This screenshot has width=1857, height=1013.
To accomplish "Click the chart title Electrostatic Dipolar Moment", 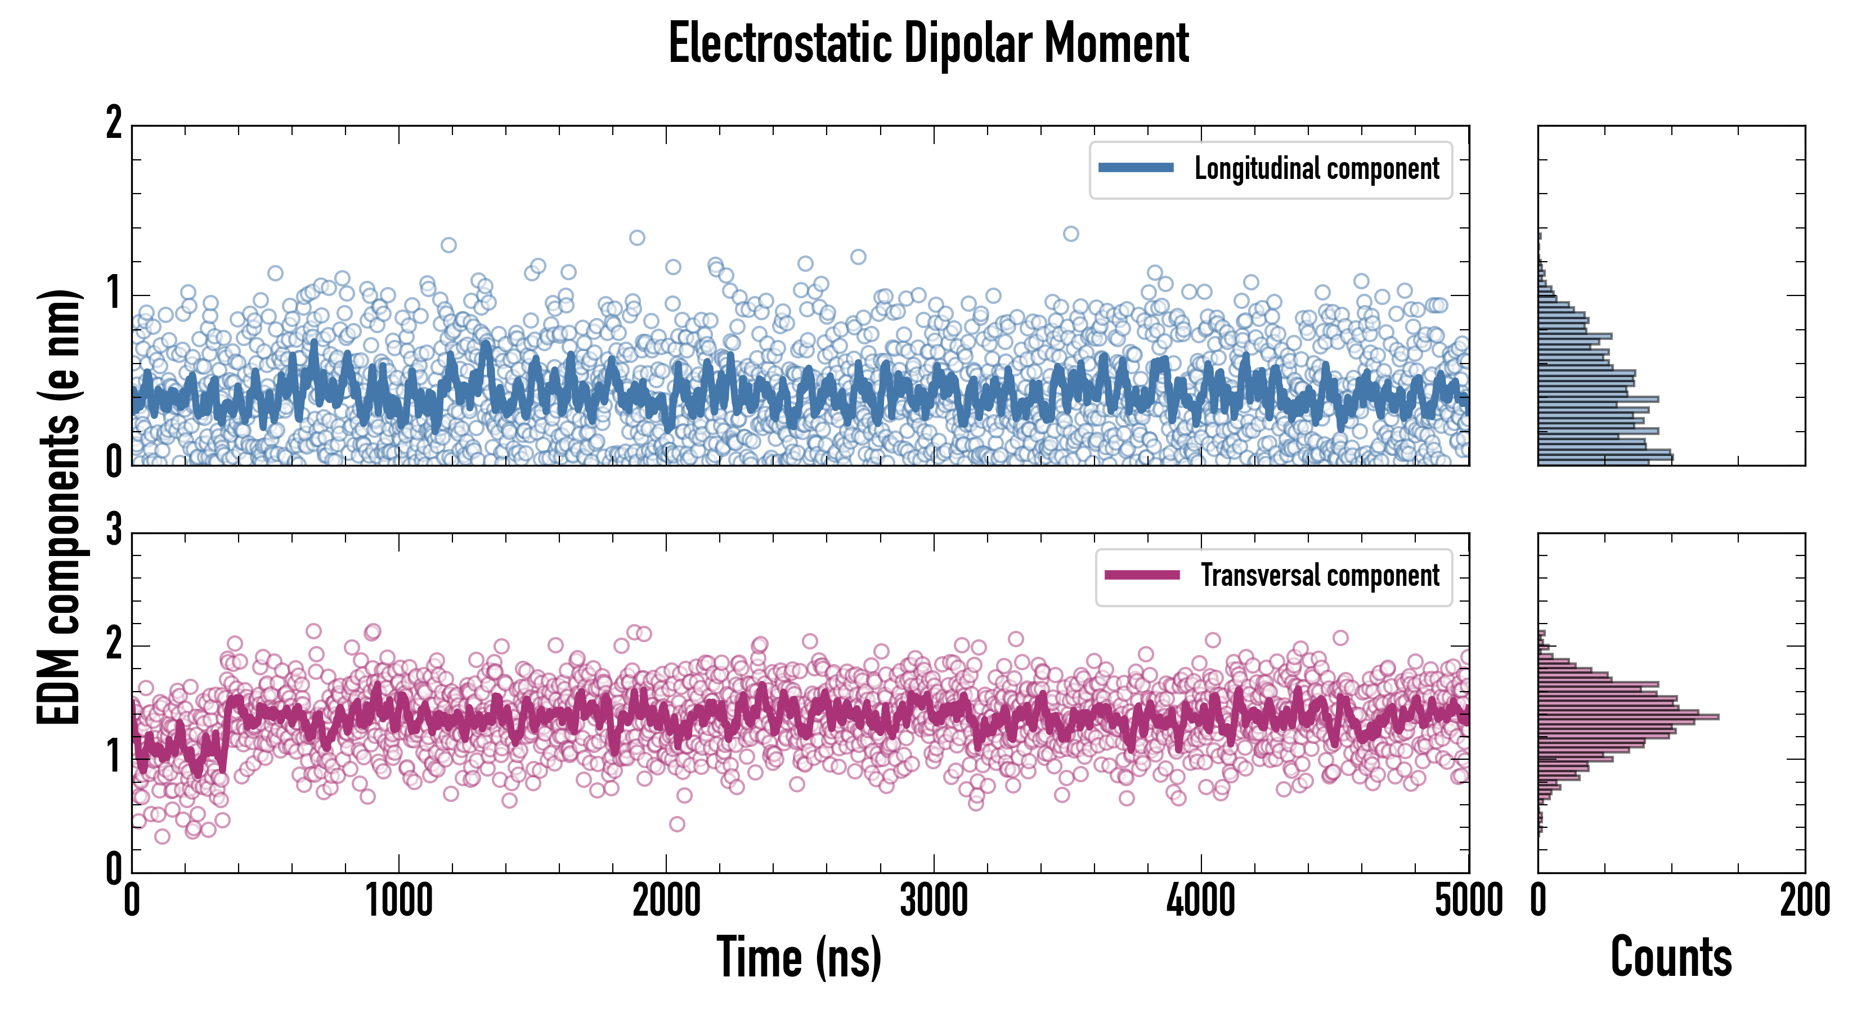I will [928, 43].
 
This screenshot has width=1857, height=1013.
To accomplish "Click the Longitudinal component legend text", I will [1316, 169].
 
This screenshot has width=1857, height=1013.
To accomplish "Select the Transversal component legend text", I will [1319, 575].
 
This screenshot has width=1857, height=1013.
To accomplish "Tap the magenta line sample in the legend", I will [1142, 575].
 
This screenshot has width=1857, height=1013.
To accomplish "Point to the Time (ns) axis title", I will [799, 957].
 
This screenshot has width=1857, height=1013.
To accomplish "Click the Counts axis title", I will [1671, 957].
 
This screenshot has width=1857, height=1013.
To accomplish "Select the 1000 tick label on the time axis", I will [398, 901].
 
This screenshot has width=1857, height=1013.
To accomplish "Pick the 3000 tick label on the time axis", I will [934, 901].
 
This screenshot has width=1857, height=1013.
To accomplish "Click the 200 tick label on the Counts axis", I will [1804, 901].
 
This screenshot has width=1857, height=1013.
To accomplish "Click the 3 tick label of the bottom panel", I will [114, 531].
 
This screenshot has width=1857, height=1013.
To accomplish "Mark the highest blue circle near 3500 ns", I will [1071, 234].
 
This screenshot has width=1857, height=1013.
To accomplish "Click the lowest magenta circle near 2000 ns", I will [677, 824].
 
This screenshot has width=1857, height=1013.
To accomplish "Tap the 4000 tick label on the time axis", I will [1201, 901].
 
